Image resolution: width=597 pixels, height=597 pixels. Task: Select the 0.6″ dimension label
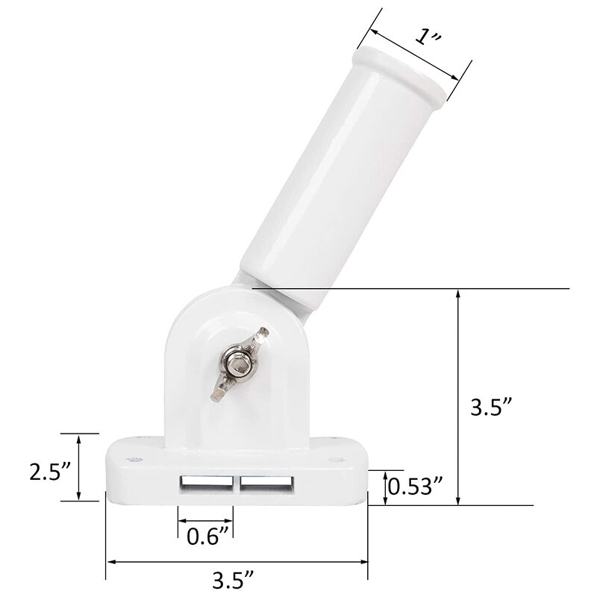pyautogui.click(x=207, y=535)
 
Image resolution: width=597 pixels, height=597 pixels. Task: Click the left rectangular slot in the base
pyautogui.click(x=207, y=483)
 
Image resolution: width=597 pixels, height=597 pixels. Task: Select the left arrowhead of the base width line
pyautogui.click(x=110, y=560)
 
